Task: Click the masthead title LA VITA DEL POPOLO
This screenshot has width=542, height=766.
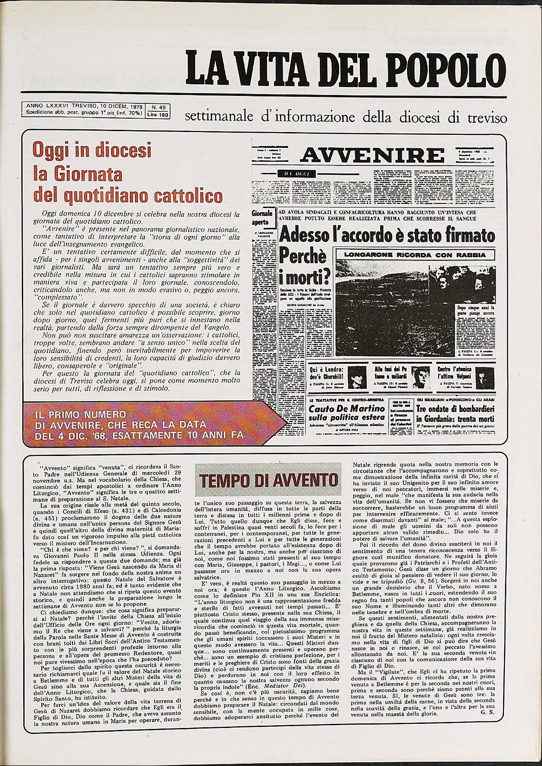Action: [x=345, y=68]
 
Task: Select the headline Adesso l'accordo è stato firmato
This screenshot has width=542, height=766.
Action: [x=387, y=235]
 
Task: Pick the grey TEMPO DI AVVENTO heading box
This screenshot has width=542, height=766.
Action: [x=268, y=481]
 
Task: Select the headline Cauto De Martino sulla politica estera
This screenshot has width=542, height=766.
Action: [x=346, y=413]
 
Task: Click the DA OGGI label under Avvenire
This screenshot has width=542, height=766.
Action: [x=293, y=173]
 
